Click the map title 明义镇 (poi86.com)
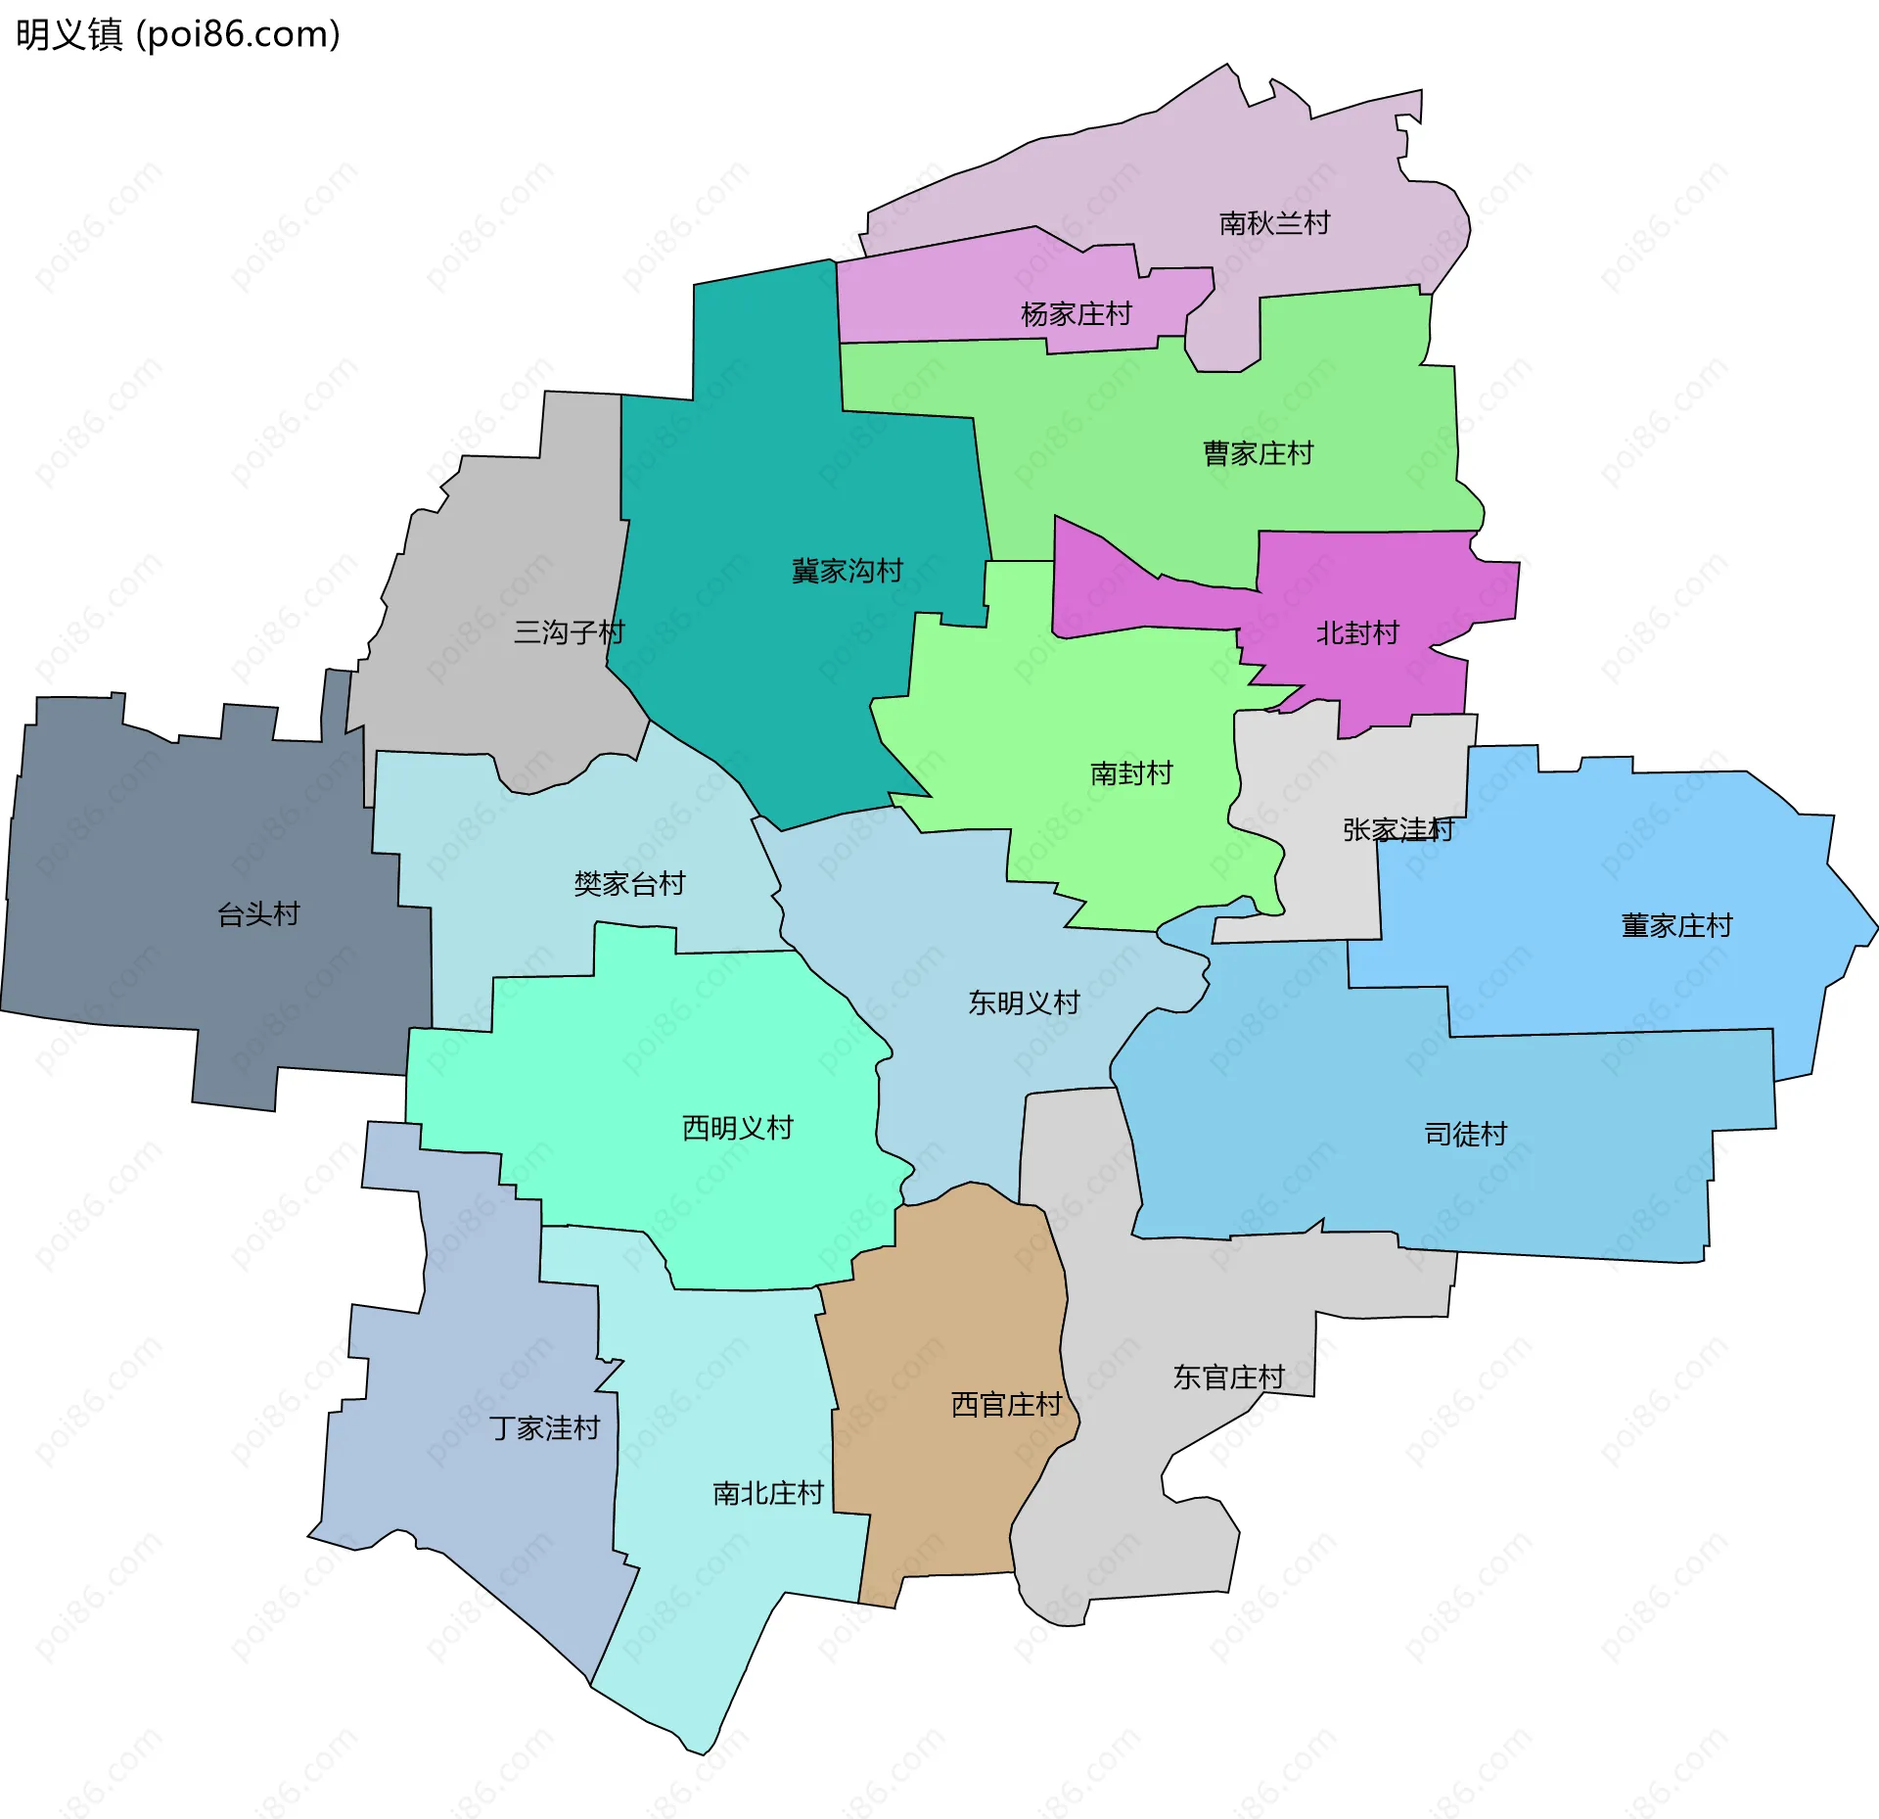[x=178, y=34]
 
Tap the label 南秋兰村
[x=1274, y=223]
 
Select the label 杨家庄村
[x=1076, y=314]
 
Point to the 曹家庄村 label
[x=1258, y=453]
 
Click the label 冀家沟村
[x=847, y=571]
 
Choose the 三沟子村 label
[x=569, y=632]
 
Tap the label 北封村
[x=1357, y=633]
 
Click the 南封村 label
[x=1131, y=773]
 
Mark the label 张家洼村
[x=1398, y=830]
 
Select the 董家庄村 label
[x=1676, y=925]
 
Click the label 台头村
[x=258, y=914]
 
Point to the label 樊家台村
[x=629, y=884]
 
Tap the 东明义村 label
[x=1024, y=1003]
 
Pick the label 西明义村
[x=737, y=1128]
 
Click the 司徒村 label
[x=1465, y=1134]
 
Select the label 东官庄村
[x=1228, y=1377]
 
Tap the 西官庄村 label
[x=1006, y=1405]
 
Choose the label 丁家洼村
[x=544, y=1428]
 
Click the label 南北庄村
[x=767, y=1493]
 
